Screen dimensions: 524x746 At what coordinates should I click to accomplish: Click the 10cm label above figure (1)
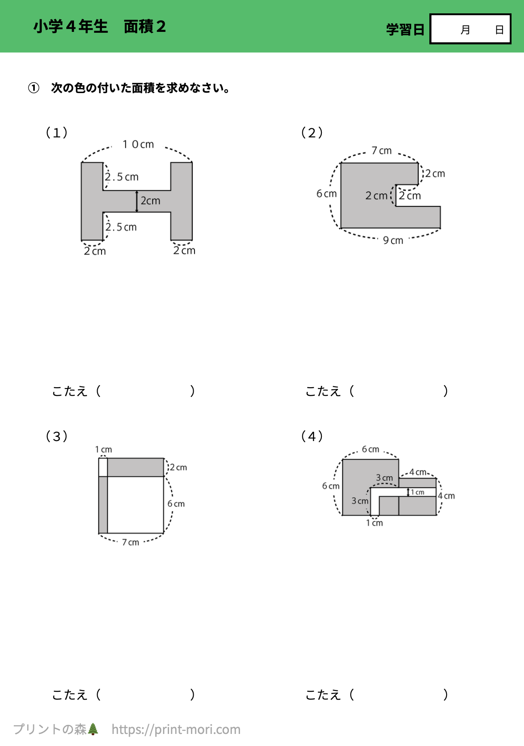pos(138,144)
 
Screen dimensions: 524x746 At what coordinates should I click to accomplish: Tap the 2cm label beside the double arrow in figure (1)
pos(151,201)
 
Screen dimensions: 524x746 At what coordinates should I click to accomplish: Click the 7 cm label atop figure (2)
pos(382,151)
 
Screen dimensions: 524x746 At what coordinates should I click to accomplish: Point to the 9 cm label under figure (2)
pos(393,240)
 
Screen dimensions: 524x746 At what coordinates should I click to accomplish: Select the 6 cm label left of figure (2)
pos(327,194)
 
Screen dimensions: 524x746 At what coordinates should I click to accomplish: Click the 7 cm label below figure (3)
pos(130,542)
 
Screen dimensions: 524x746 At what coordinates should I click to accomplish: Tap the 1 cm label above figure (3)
pos(103,449)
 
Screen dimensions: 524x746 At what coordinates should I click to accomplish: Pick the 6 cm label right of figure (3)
pos(176,504)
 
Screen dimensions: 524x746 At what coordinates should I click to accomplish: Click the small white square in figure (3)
pos(103,467)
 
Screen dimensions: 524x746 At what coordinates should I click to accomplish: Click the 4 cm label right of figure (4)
pos(447,496)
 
